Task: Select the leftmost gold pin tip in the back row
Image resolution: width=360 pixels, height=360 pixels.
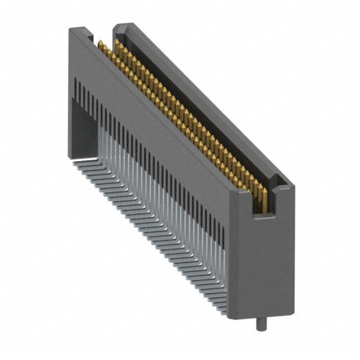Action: (115, 41)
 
